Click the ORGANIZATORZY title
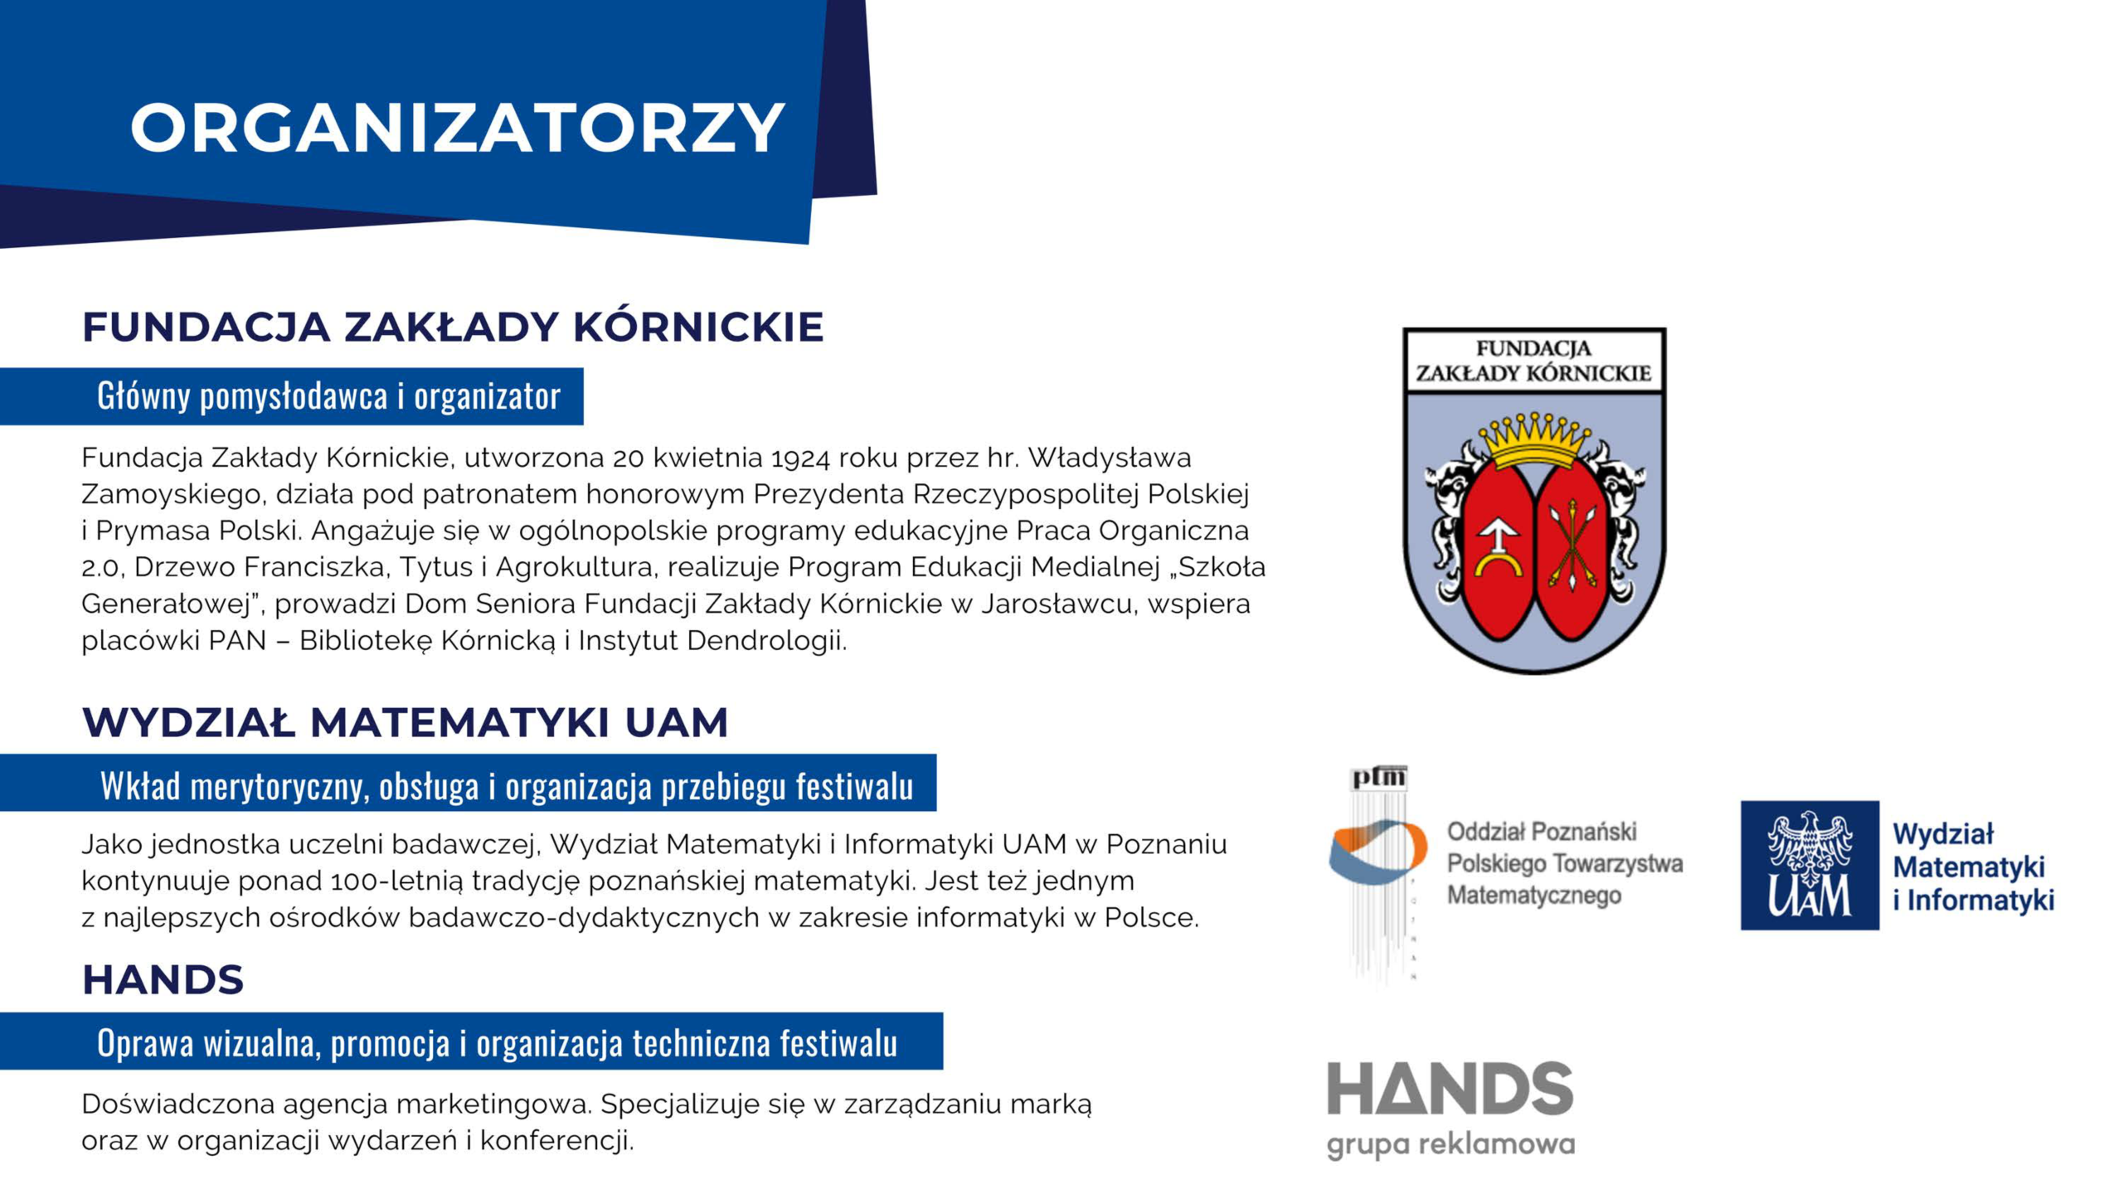[x=457, y=129]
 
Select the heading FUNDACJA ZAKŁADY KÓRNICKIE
[x=453, y=327]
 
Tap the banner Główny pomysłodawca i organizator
[x=328, y=396]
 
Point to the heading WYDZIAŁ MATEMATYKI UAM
[x=405, y=722]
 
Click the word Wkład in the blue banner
[x=140, y=785]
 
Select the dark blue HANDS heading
[x=163, y=980]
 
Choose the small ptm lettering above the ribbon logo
[x=1379, y=778]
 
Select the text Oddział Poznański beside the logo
[x=1541, y=832]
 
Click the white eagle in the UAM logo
[x=1810, y=846]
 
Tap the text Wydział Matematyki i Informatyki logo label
[x=1972, y=866]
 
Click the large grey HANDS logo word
[x=1450, y=1089]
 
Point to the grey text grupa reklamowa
[x=1450, y=1145]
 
